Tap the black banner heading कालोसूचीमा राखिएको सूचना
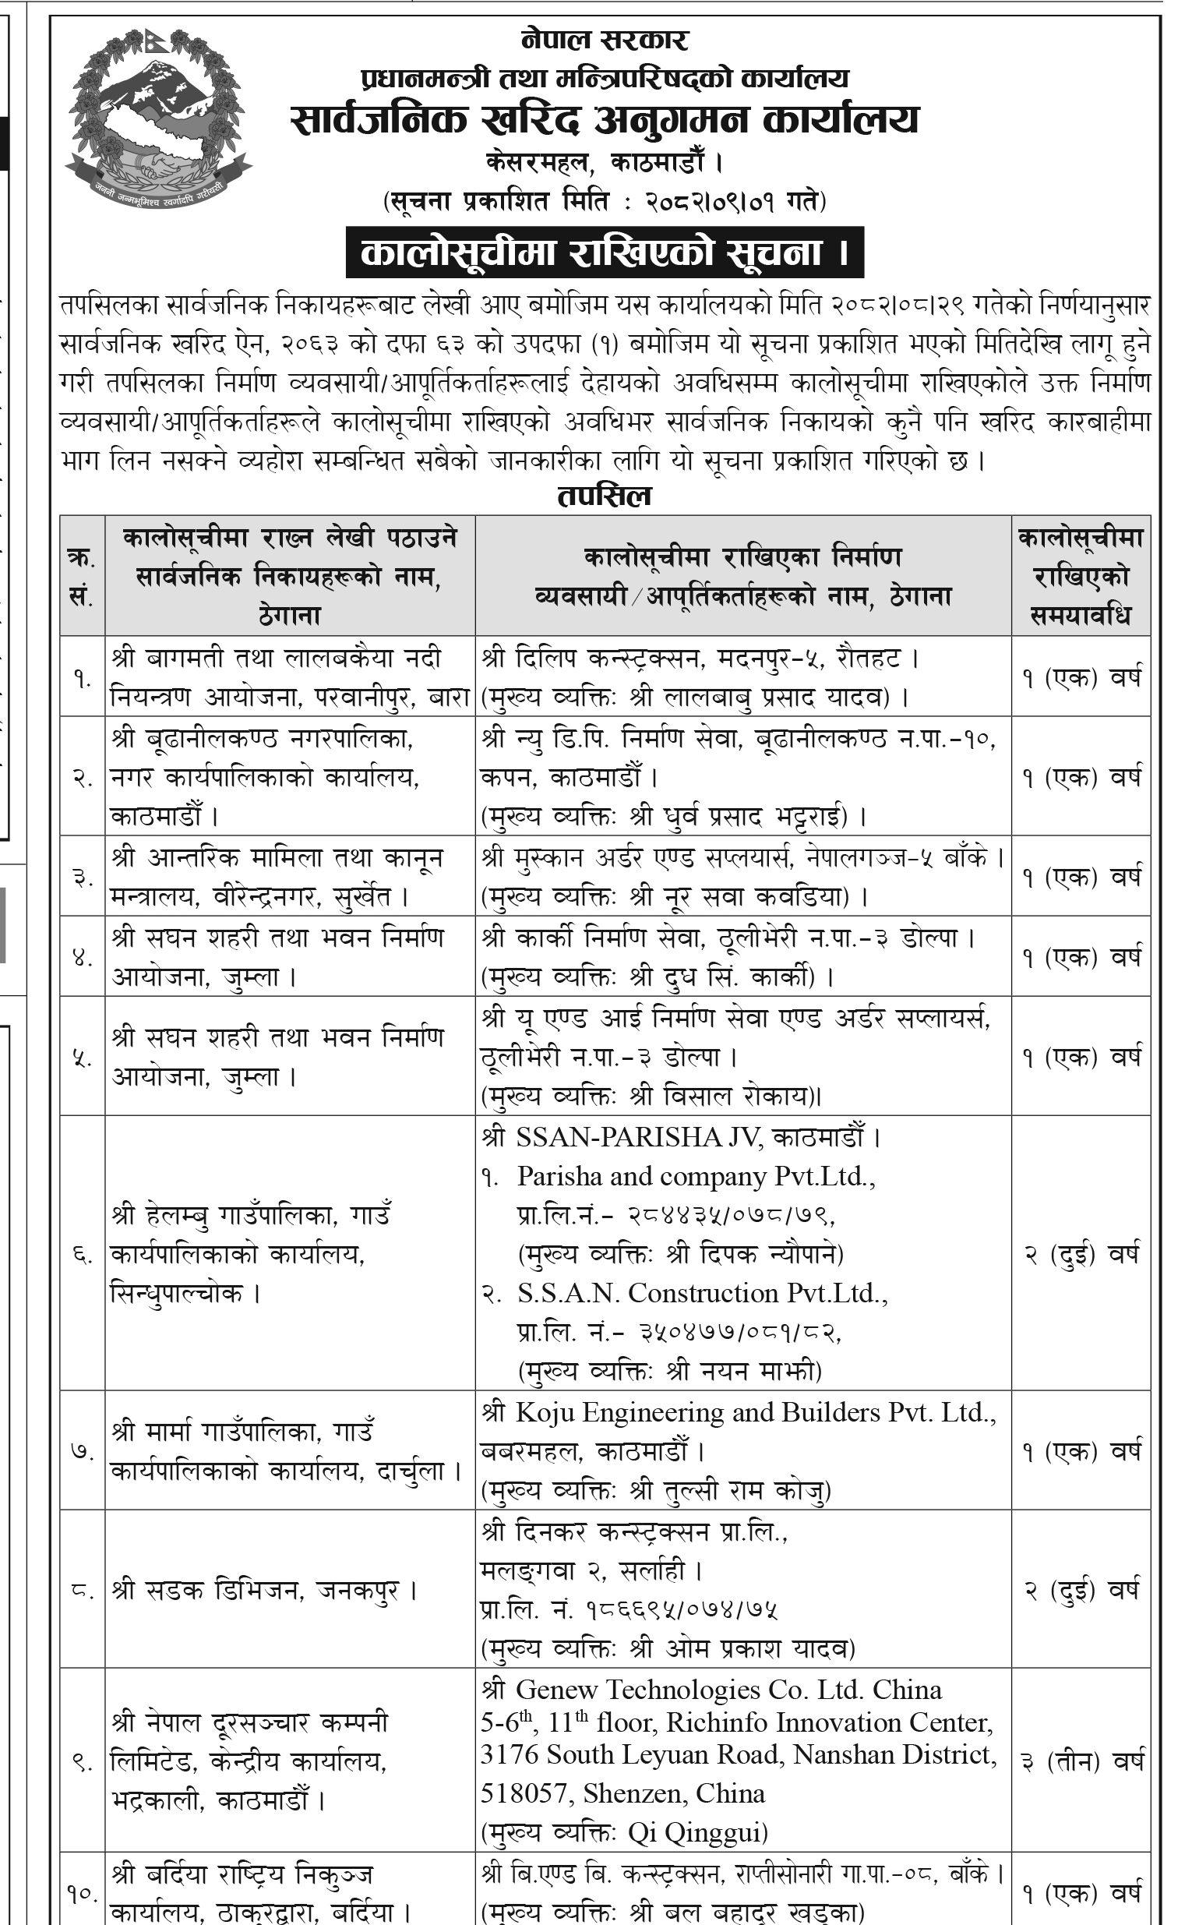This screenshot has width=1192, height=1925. (x=605, y=253)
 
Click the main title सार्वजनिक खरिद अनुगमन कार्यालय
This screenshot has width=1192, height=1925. (x=605, y=119)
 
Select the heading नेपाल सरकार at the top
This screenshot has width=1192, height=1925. (x=605, y=40)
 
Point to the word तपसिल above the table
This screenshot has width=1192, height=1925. (x=605, y=496)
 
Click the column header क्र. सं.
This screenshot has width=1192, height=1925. (x=82, y=577)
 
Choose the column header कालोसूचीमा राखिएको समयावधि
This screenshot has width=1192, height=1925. (x=1080, y=577)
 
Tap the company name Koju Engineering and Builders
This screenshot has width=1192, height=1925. (x=737, y=1412)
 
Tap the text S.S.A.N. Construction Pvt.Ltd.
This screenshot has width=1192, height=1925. (x=702, y=1293)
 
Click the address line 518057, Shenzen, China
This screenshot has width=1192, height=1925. (x=622, y=1793)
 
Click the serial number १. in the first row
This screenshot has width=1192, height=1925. (x=82, y=676)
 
